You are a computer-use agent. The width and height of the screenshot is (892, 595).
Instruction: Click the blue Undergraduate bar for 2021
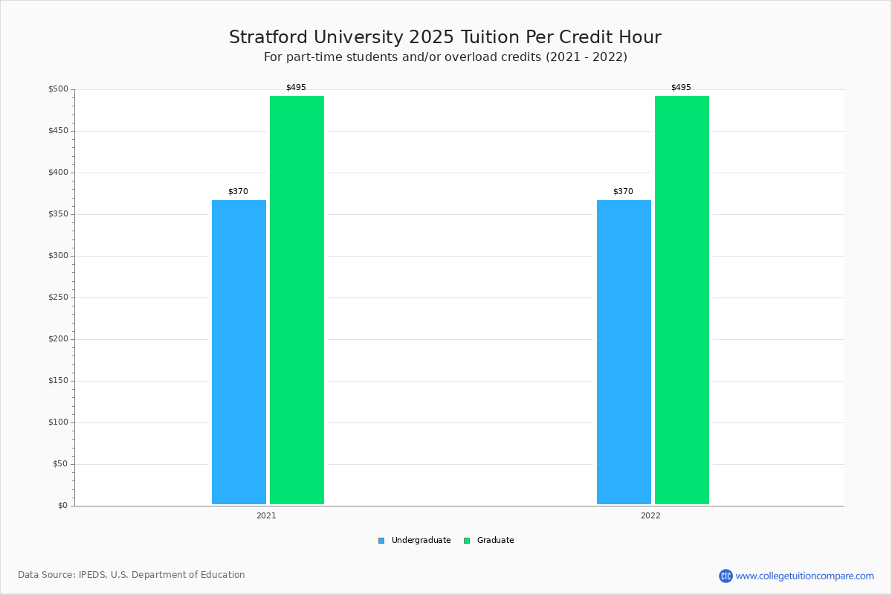click(x=239, y=352)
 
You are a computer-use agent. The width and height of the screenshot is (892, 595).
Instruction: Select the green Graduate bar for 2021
click(x=297, y=300)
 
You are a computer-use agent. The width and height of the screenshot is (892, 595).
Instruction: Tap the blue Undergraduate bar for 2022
click(x=624, y=352)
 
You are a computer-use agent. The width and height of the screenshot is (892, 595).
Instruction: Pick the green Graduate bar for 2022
click(x=682, y=300)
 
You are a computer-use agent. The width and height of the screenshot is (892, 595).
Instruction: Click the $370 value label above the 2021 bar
click(x=238, y=192)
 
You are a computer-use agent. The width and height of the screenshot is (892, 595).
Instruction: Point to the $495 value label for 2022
click(x=681, y=88)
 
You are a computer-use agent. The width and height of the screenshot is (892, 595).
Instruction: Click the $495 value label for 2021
click(x=296, y=88)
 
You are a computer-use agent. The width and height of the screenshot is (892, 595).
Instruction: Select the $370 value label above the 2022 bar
click(x=623, y=192)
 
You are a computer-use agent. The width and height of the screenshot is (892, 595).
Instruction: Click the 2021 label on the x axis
click(x=266, y=515)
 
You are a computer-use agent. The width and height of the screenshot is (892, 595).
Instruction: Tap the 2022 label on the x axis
click(x=650, y=515)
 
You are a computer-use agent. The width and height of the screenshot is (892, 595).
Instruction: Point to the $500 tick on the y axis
click(x=59, y=89)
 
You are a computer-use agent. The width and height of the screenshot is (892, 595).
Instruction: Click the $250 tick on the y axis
click(x=59, y=297)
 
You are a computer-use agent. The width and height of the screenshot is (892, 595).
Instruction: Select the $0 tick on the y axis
click(x=62, y=506)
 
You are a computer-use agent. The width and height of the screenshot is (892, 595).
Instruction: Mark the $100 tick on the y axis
click(x=59, y=422)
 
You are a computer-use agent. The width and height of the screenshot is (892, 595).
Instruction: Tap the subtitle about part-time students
click(x=445, y=57)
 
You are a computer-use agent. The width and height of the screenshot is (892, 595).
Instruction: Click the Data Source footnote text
click(x=132, y=575)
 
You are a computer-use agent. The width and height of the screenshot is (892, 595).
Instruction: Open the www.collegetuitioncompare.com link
click(x=804, y=576)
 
